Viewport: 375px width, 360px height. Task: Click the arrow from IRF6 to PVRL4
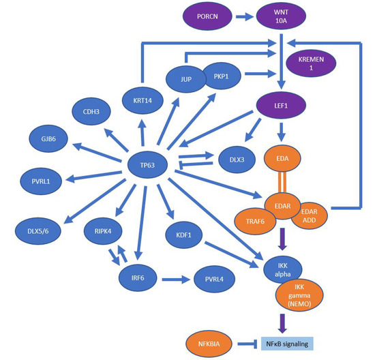click(x=174, y=278)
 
